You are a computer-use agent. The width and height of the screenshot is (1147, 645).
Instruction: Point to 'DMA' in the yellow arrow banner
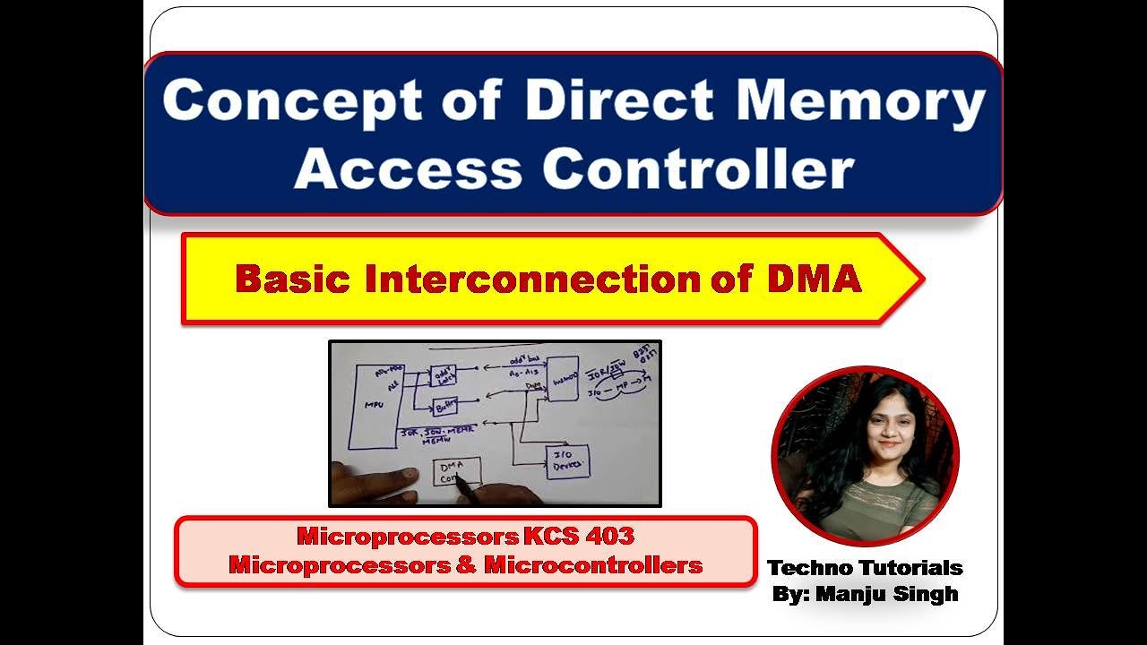(814, 279)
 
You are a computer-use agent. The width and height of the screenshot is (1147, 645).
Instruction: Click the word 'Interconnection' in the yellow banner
(532, 279)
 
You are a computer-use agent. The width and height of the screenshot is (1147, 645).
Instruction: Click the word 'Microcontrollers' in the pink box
(593, 565)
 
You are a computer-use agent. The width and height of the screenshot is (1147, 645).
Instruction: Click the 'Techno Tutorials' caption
(865, 567)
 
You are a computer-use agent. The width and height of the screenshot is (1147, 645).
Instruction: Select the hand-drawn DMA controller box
(457, 471)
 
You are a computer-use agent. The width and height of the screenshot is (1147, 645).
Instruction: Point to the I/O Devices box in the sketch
(568, 461)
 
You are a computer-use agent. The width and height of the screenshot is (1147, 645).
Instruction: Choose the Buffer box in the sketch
(444, 407)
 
